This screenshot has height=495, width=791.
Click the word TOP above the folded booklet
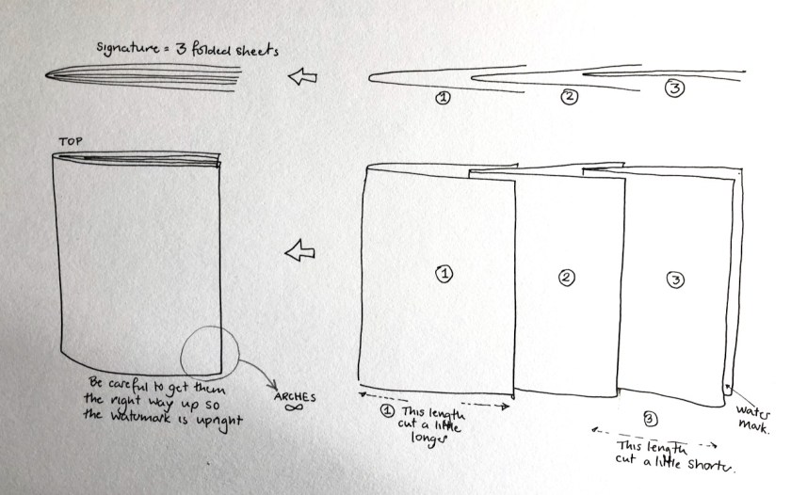[x=71, y=142]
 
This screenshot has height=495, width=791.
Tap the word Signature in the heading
[x=128, y=48]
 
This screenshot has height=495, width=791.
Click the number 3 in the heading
[x=181, y=49]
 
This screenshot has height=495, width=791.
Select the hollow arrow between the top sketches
[x=302, y=76]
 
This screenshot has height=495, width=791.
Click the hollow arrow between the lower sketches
[x=300, y=250]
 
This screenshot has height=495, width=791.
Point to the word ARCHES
[x=295, y=397]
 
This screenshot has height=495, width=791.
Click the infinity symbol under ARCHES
[x=294, y=407]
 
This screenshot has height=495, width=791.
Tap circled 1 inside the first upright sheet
[x=444, y=274]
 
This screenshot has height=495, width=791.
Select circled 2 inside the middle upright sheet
[x=567, y=278]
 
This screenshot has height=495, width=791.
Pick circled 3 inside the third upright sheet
[x=675, y=279]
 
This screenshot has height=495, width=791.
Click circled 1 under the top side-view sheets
[x=443, y=98]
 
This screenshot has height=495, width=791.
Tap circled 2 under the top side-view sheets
[x=569, y=96]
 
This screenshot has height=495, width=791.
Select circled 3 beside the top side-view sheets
[x=674, y=88]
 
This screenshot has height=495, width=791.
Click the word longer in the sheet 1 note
[x=428, y=438]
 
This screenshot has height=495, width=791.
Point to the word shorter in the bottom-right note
[x=711, y=465]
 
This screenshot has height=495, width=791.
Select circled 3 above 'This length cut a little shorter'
[x=650, y=419]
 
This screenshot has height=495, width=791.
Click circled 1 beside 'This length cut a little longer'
[x=387, y=411]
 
